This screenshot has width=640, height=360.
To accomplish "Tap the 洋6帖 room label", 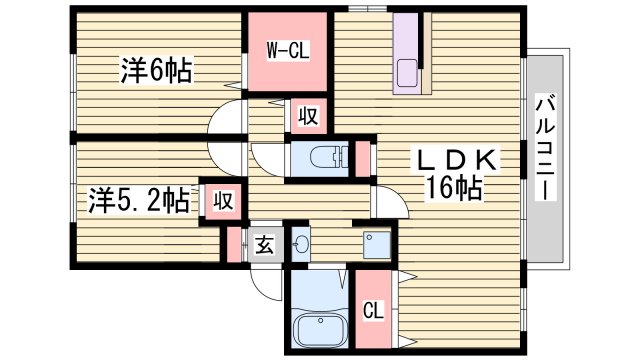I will (156, 71).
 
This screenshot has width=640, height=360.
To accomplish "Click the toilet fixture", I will (325, 157).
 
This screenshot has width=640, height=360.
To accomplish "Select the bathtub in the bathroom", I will (318, 327).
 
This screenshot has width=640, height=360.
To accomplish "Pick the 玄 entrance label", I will (264, 242).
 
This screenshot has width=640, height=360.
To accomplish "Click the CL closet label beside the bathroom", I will (372, 310).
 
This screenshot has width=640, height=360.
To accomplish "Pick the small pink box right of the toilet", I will (363, 158).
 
